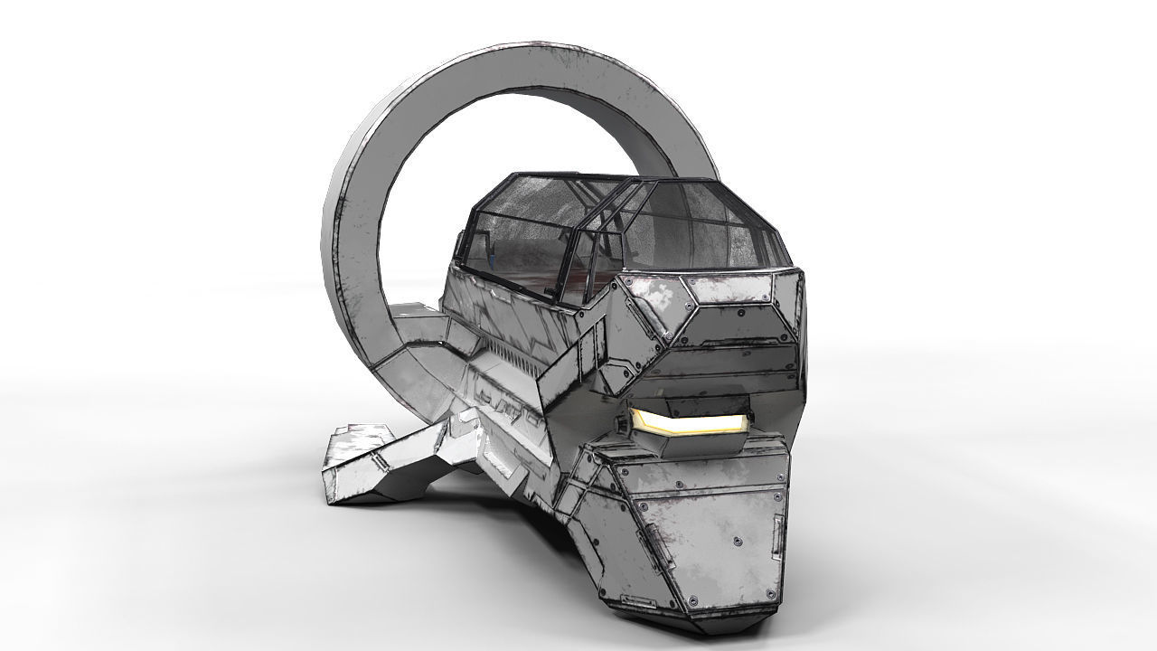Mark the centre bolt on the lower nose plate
(x=738, y=542)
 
